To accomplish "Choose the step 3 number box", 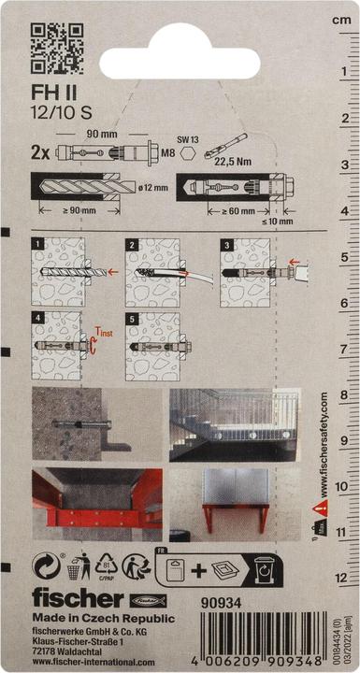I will point(225,244).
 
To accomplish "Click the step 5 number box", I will point(132,319).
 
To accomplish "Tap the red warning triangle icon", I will point(321,509).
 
